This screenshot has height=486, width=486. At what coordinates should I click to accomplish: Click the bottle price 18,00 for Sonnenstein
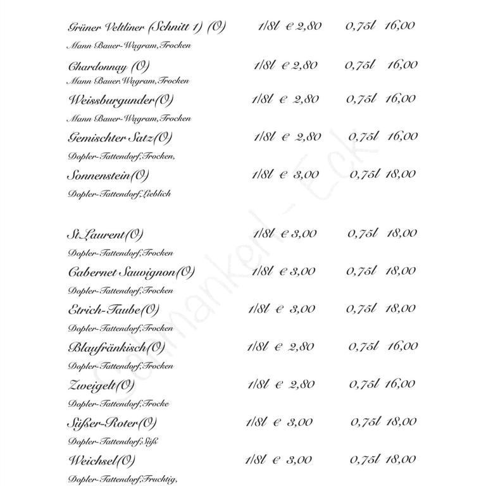401,174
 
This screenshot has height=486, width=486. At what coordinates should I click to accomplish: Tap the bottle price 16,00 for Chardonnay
402,65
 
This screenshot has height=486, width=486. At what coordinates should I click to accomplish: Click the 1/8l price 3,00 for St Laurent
303,234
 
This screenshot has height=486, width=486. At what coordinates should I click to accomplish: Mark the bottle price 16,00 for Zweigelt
400,384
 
